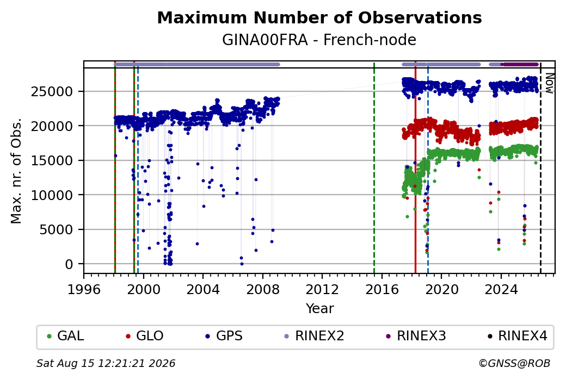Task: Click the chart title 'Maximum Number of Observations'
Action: pos(319,17)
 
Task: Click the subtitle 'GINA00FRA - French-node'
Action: pos(319,40)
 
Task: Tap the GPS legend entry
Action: pos(224,335)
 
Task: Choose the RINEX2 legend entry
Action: pos(315,335)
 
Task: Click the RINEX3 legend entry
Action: pos(416,335)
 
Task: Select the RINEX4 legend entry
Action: pos(518,335)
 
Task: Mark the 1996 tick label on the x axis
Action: pos(84,289)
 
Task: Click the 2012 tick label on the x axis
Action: pos(322,289)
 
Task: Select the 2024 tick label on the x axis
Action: pos(501,289)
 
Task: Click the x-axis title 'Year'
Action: pos(320,309)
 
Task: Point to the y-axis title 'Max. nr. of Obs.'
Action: pos(16,171)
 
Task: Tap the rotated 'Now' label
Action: pos(549,83)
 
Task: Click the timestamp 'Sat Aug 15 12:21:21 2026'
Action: pos(106,363)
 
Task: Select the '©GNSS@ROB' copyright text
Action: pos(514,363)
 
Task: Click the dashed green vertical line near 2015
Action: pos(374,167)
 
